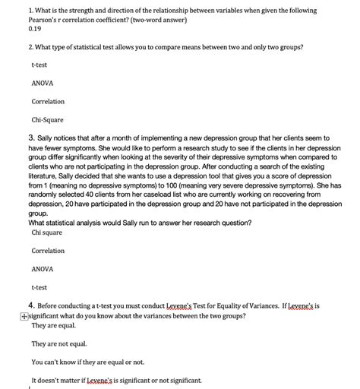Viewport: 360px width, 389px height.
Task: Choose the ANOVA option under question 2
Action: pyautogui.click(x=42, y=83)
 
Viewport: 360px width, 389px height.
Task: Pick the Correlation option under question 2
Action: pyautogui.click(x=48, y=101)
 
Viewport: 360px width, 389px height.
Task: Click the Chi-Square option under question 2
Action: pyautogui.click(x=46, y=119)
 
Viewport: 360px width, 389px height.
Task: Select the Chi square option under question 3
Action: pyautogui.click(x=47, y=232)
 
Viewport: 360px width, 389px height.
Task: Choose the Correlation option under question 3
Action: pyautogui.click(x=48, y=251)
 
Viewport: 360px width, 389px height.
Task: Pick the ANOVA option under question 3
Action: pyautogui.click(x=42, y=269)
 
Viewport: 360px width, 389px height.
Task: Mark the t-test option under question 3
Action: pyautogui.click(x=40, y=287)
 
